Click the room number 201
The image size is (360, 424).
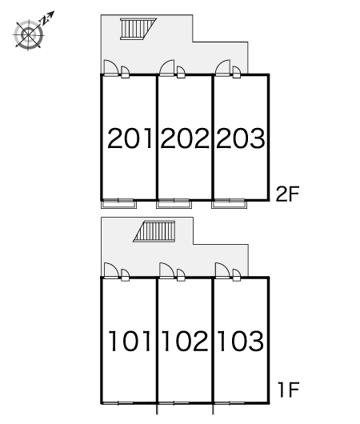(x=130, y=138)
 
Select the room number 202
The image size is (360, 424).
(x=185, y=138)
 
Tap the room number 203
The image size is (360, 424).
(x=241, y=138)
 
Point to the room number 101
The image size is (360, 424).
(x=130, y=341)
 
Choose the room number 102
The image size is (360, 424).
(x=185, y=341)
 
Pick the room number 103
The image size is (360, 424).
(x=241, y=341)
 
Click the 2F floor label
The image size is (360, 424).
(x=287, y=194)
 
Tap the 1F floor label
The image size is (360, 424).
(x=288, y=390)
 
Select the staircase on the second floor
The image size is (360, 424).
(x=138, y=29)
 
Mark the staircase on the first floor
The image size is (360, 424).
(x=154, y=231)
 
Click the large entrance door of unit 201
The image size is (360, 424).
(x=111, y=68)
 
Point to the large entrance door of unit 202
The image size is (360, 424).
(x=167, y=68)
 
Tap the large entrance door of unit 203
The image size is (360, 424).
(x=223, y=68)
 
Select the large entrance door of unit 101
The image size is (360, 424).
(x=111, y=270)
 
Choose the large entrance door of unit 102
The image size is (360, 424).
(x=167, y=270)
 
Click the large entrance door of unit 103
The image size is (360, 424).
(x=223, y=270)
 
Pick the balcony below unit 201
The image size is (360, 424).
(x=118, y=204)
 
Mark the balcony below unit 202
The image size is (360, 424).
(x=174, y=204)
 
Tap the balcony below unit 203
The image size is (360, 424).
(x=230, y=204)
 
